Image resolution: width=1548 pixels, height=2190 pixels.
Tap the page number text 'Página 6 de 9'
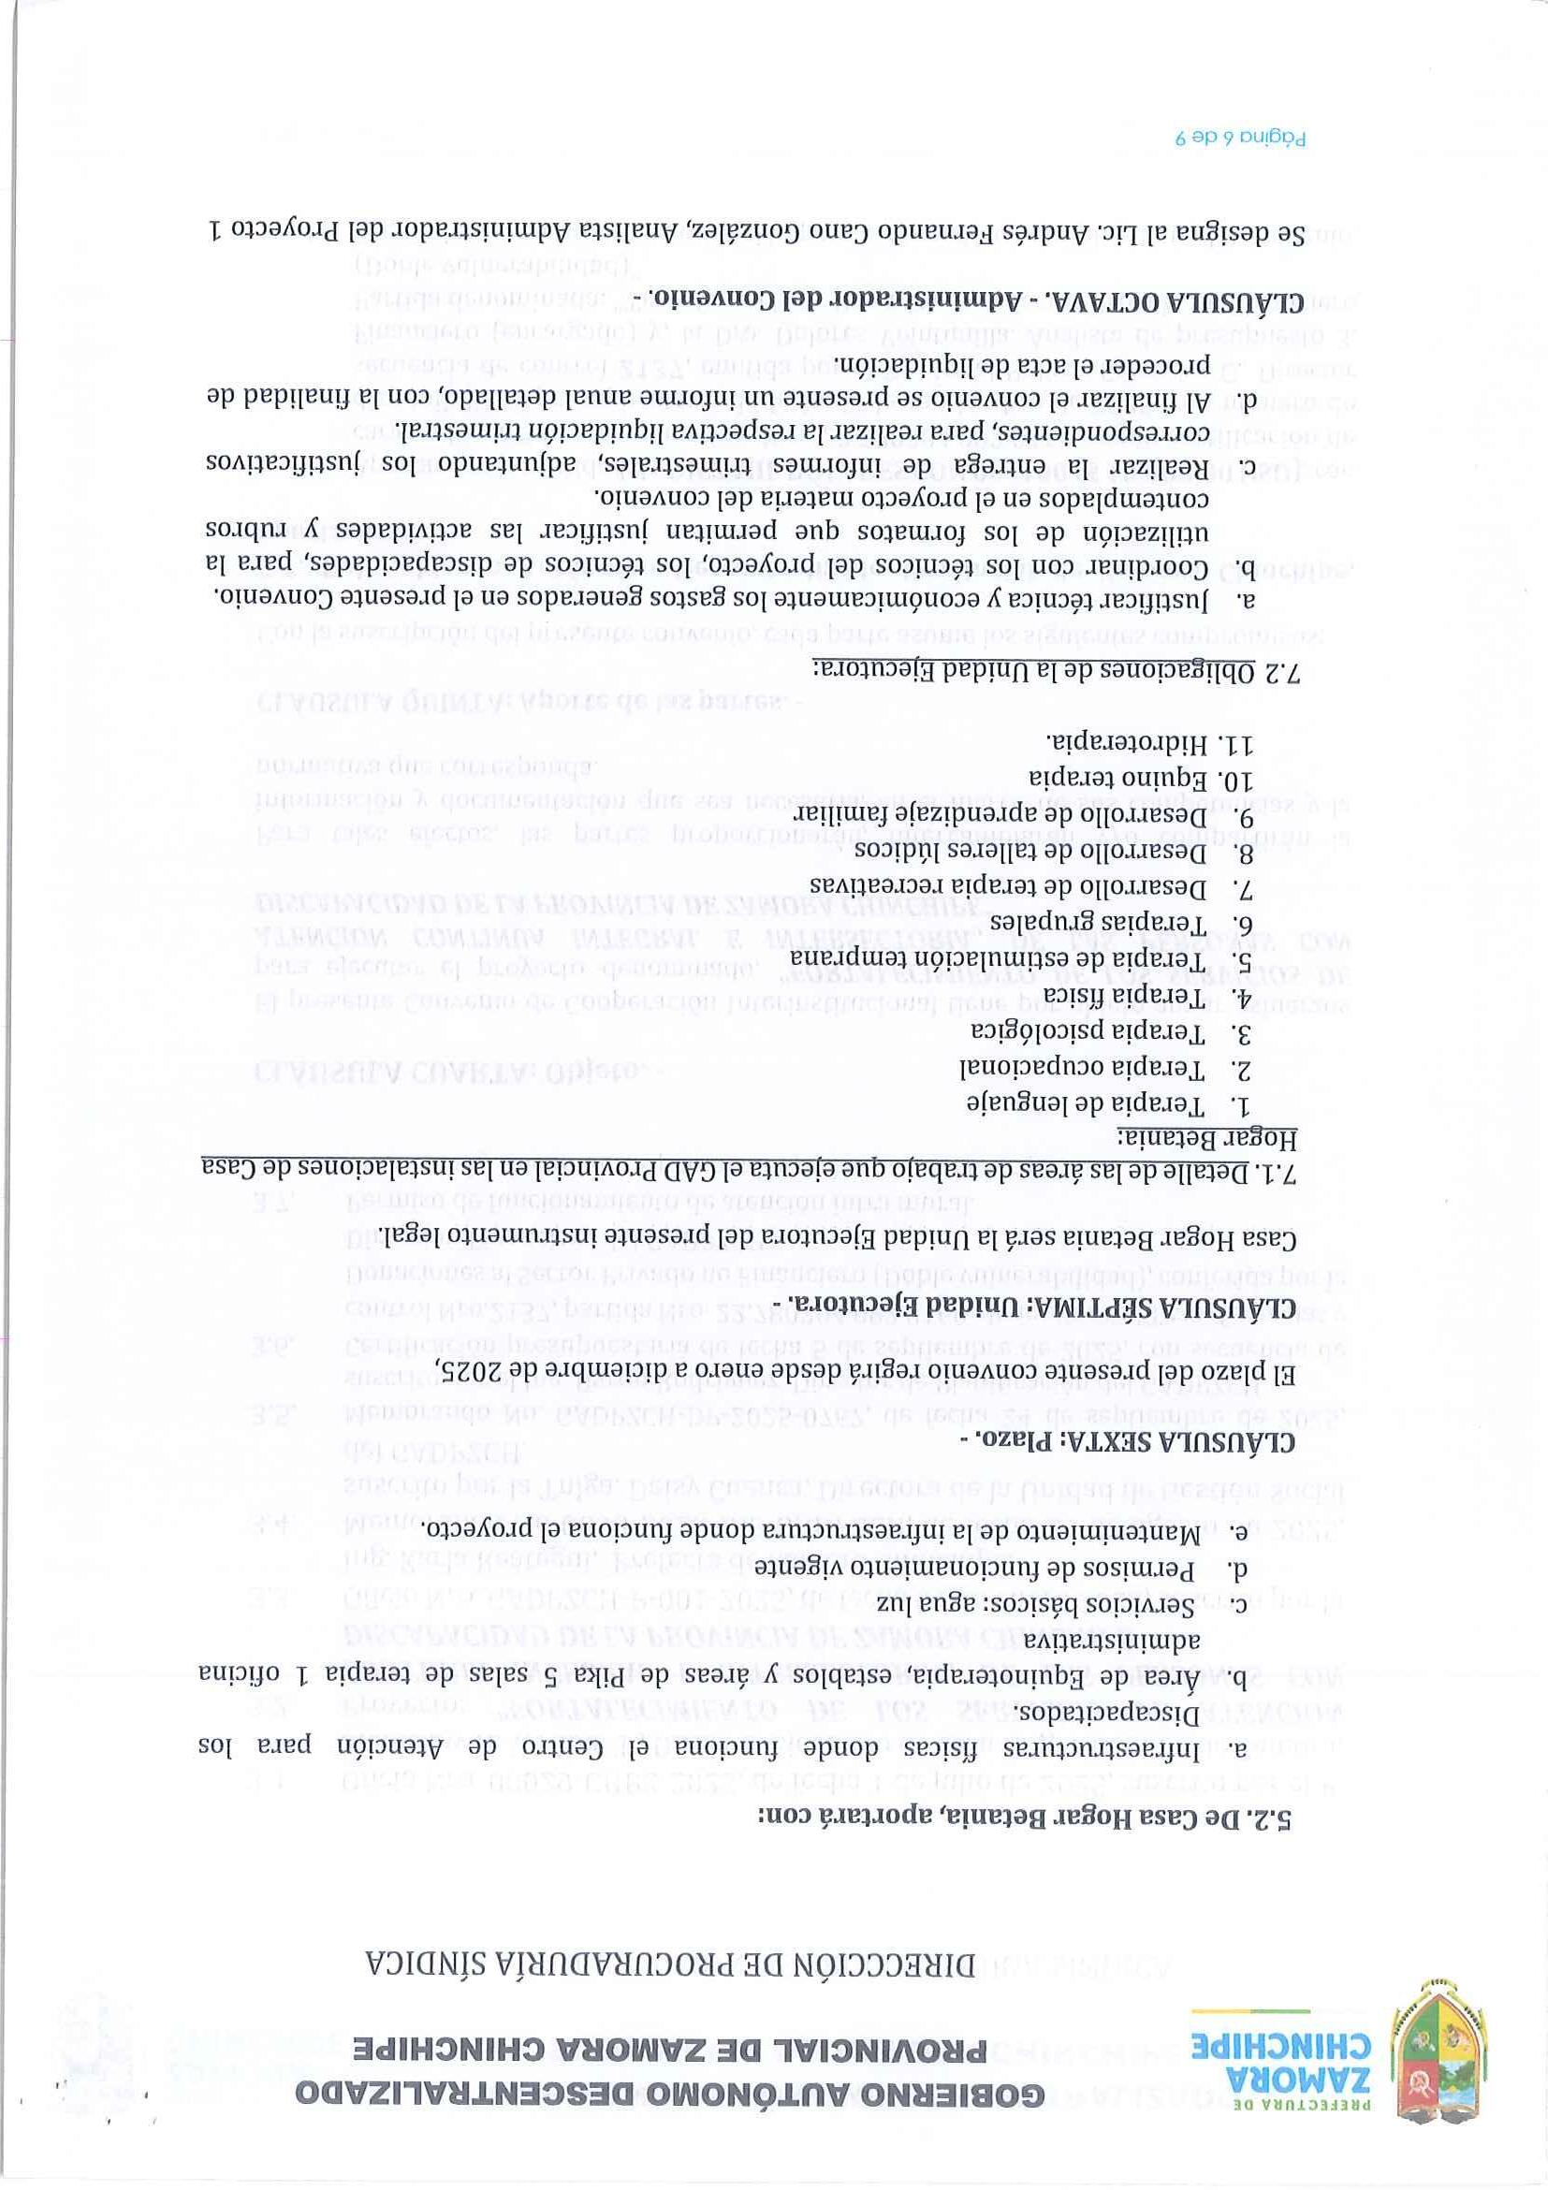[x=1239, y=137]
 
